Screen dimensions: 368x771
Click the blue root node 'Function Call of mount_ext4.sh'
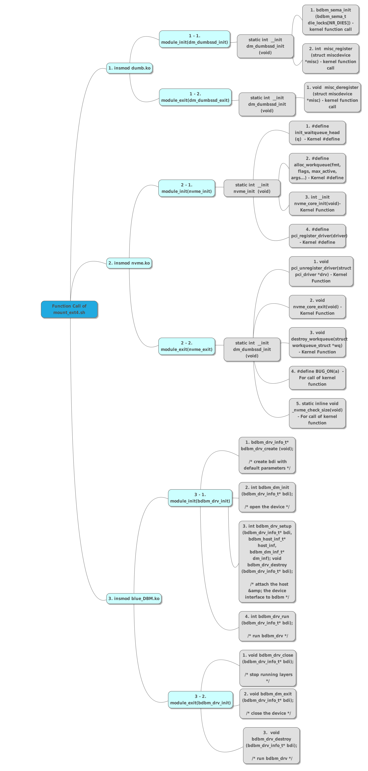pos(69,309)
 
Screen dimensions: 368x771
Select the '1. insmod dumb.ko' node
pos(129,68)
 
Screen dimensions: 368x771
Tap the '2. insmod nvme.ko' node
pos(129,263)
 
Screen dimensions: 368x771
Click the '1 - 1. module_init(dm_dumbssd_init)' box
pos(194,39)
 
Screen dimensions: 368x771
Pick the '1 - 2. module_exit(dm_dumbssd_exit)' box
pos(195,97)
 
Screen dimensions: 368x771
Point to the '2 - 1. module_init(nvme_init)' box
pos(187,188)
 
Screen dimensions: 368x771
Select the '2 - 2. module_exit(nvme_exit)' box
pos(187,346)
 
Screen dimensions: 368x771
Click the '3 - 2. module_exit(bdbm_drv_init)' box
pos(201,699)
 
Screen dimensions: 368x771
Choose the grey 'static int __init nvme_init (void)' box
pos(252,188)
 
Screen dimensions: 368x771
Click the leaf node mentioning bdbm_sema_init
pos(330,20)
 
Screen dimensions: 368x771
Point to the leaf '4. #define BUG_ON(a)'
pos(317,378)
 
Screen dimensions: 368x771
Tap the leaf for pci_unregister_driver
pos(321,271)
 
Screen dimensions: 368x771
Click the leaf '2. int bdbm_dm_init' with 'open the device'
pos(267,497)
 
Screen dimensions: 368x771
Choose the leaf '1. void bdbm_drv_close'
pos(268,668)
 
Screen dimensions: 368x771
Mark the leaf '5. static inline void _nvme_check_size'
pos(317,413)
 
